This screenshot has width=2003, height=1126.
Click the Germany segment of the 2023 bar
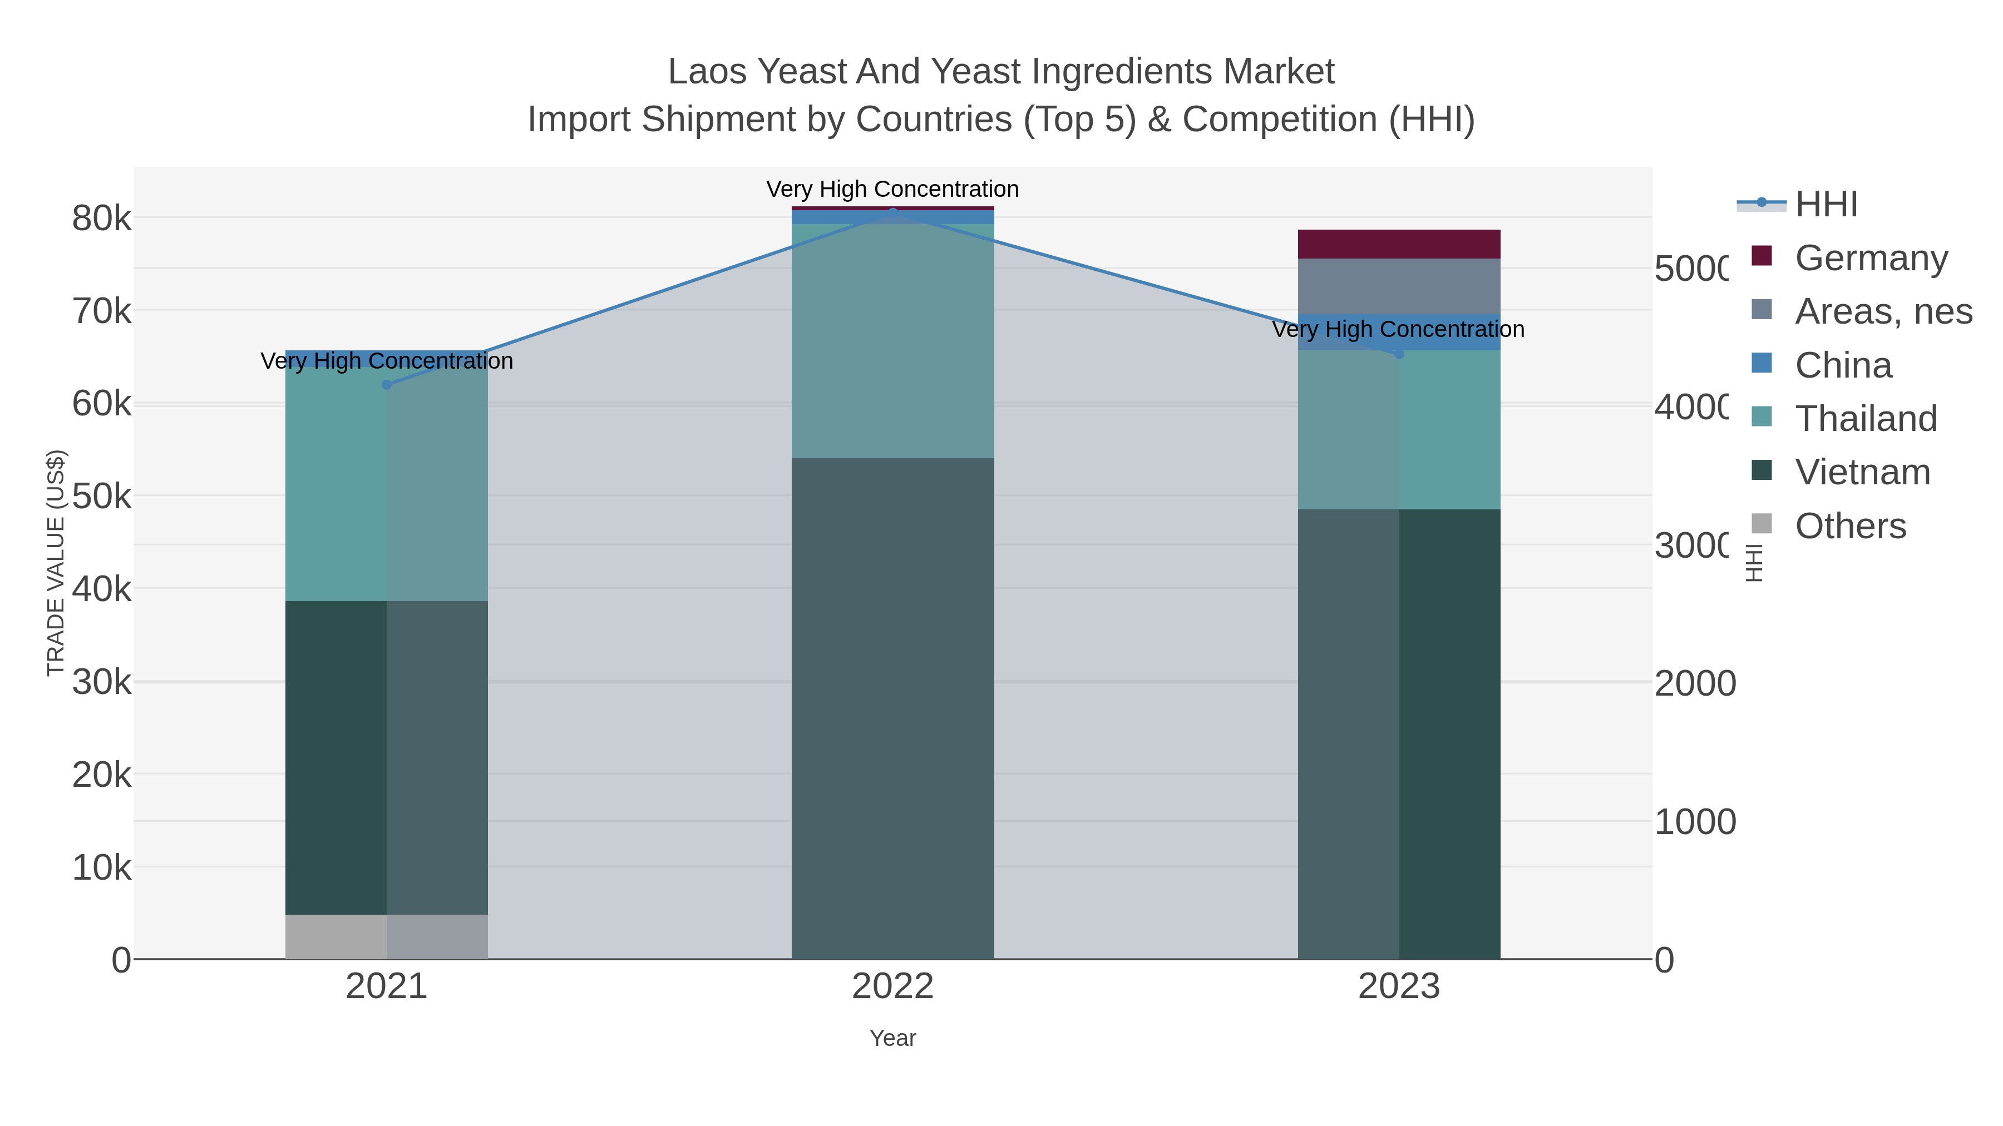1398,244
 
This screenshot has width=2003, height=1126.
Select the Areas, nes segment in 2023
1398,286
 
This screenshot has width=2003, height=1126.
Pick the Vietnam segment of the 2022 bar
892,707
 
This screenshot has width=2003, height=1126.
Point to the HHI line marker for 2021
387,385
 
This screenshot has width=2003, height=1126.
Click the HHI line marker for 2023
1399,354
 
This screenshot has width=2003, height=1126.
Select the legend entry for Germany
1871,258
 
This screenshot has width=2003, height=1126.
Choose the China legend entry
1843,365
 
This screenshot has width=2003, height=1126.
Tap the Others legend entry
1850,526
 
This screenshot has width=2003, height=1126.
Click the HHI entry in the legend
1826,205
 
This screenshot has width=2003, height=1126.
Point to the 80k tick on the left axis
102,219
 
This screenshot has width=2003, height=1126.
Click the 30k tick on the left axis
102,683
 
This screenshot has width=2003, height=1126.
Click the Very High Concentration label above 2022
892,189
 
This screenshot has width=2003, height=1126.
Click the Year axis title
892,1038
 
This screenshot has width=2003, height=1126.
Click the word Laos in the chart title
708,72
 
